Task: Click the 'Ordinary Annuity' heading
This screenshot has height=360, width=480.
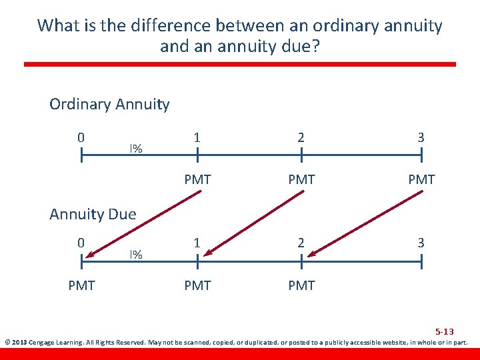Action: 109,105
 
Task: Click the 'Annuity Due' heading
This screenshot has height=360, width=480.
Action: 93,214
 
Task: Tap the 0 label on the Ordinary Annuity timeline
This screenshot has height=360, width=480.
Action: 81,137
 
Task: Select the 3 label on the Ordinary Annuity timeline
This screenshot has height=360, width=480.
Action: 421,137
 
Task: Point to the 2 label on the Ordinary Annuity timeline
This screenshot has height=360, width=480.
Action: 301,137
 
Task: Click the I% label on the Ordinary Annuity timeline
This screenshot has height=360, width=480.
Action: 136,149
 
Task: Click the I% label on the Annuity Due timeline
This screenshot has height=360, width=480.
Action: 136,255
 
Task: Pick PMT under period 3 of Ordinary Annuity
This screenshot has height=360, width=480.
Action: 421,179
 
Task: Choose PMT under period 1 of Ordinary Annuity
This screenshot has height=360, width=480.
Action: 197,179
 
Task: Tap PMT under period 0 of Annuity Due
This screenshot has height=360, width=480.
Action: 81,285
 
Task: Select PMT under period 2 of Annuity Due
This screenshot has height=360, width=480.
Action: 301,285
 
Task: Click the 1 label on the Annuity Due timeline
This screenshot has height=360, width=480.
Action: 197,243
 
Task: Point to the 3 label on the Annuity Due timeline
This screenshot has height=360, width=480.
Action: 421,243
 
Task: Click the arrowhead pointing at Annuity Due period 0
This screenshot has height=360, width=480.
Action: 90,253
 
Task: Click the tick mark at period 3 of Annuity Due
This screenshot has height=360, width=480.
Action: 421,262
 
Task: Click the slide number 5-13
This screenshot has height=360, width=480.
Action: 445,331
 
